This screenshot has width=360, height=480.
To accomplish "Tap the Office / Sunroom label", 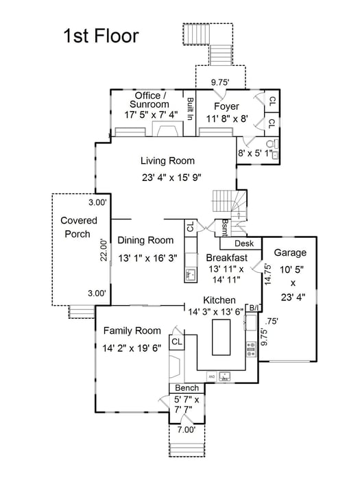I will click(149, 100).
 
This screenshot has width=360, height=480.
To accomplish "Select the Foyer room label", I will click(226, 106).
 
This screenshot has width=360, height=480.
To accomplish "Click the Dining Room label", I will click(145, 240).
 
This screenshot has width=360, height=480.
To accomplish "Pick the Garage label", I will click(290, 252).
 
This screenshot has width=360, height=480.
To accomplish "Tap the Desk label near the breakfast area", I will click(244, 243).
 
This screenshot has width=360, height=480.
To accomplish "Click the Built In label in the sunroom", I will click(189, 108).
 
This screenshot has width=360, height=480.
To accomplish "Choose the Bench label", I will click(187, 388).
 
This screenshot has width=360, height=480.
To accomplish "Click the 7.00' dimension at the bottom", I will click(186, 430).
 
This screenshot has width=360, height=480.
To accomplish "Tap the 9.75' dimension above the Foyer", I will click(221, 82).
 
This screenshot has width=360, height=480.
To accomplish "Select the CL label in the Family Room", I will click(176, 341).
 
